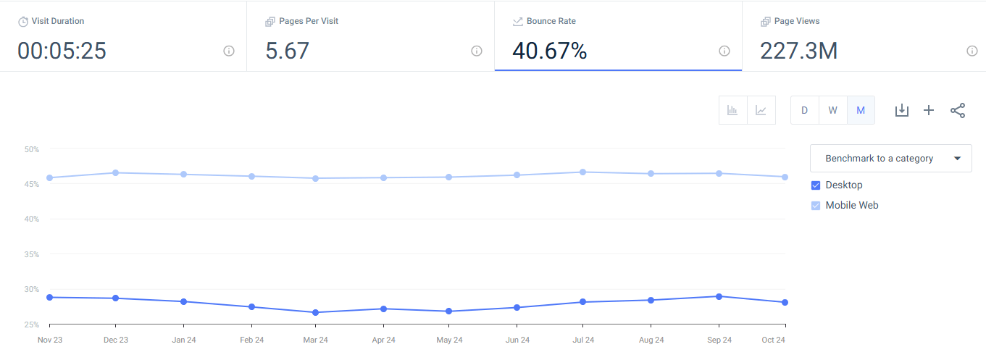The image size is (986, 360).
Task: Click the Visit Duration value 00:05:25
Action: [62, 51]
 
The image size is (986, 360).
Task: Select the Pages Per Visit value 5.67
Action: [288, 51]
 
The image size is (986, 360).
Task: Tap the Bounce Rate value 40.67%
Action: [549, 51]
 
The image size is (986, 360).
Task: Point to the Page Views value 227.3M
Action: [798, 51]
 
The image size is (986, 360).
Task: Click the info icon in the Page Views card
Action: [972, 51]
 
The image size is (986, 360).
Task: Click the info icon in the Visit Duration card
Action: [229, 51]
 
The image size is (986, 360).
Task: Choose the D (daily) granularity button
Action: [804, 110]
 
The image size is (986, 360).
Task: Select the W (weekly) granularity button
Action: [832, 110]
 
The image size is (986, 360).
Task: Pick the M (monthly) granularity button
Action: [861, 110]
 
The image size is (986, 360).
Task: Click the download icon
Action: [901, 110]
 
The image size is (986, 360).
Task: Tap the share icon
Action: [958, 110]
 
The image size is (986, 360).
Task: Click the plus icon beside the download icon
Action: [929, 110]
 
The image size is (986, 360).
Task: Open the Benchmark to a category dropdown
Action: [890, 158]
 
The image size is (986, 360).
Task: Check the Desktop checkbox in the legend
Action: [816, 185]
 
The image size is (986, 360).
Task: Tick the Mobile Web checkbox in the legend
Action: [816, 206]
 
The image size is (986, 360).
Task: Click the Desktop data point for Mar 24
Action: [315, 312]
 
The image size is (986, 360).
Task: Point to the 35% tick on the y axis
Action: [31, 254]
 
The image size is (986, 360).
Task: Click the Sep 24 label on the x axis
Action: [719, 340]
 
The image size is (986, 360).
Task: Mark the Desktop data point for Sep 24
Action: [719, 296]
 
